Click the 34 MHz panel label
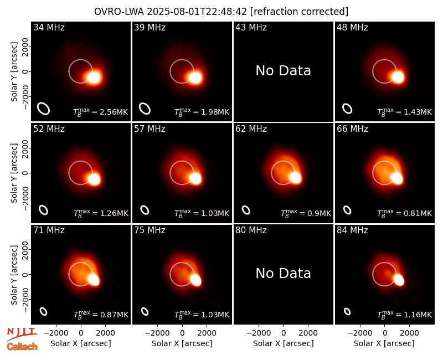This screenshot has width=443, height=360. coord(49,27)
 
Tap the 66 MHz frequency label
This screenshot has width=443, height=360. coord(352,129)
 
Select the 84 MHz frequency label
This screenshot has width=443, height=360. coord(352,230)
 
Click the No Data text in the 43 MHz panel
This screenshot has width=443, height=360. coord(284,71)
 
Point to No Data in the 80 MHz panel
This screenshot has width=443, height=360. coord(284,274)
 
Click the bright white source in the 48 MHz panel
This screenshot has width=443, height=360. coord(398,77)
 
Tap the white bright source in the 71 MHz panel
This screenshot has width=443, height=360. coord(94,280)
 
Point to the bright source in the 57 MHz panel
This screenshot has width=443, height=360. coord(195,178)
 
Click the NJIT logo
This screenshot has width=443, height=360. coord(22,333)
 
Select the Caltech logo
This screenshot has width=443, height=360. coord(22,347)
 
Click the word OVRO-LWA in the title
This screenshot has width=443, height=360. coord(119,12)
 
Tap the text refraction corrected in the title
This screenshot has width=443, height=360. coord(300,12)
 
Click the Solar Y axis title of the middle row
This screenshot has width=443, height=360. coord(14,173)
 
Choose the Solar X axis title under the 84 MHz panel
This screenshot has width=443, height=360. coord(384,343)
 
